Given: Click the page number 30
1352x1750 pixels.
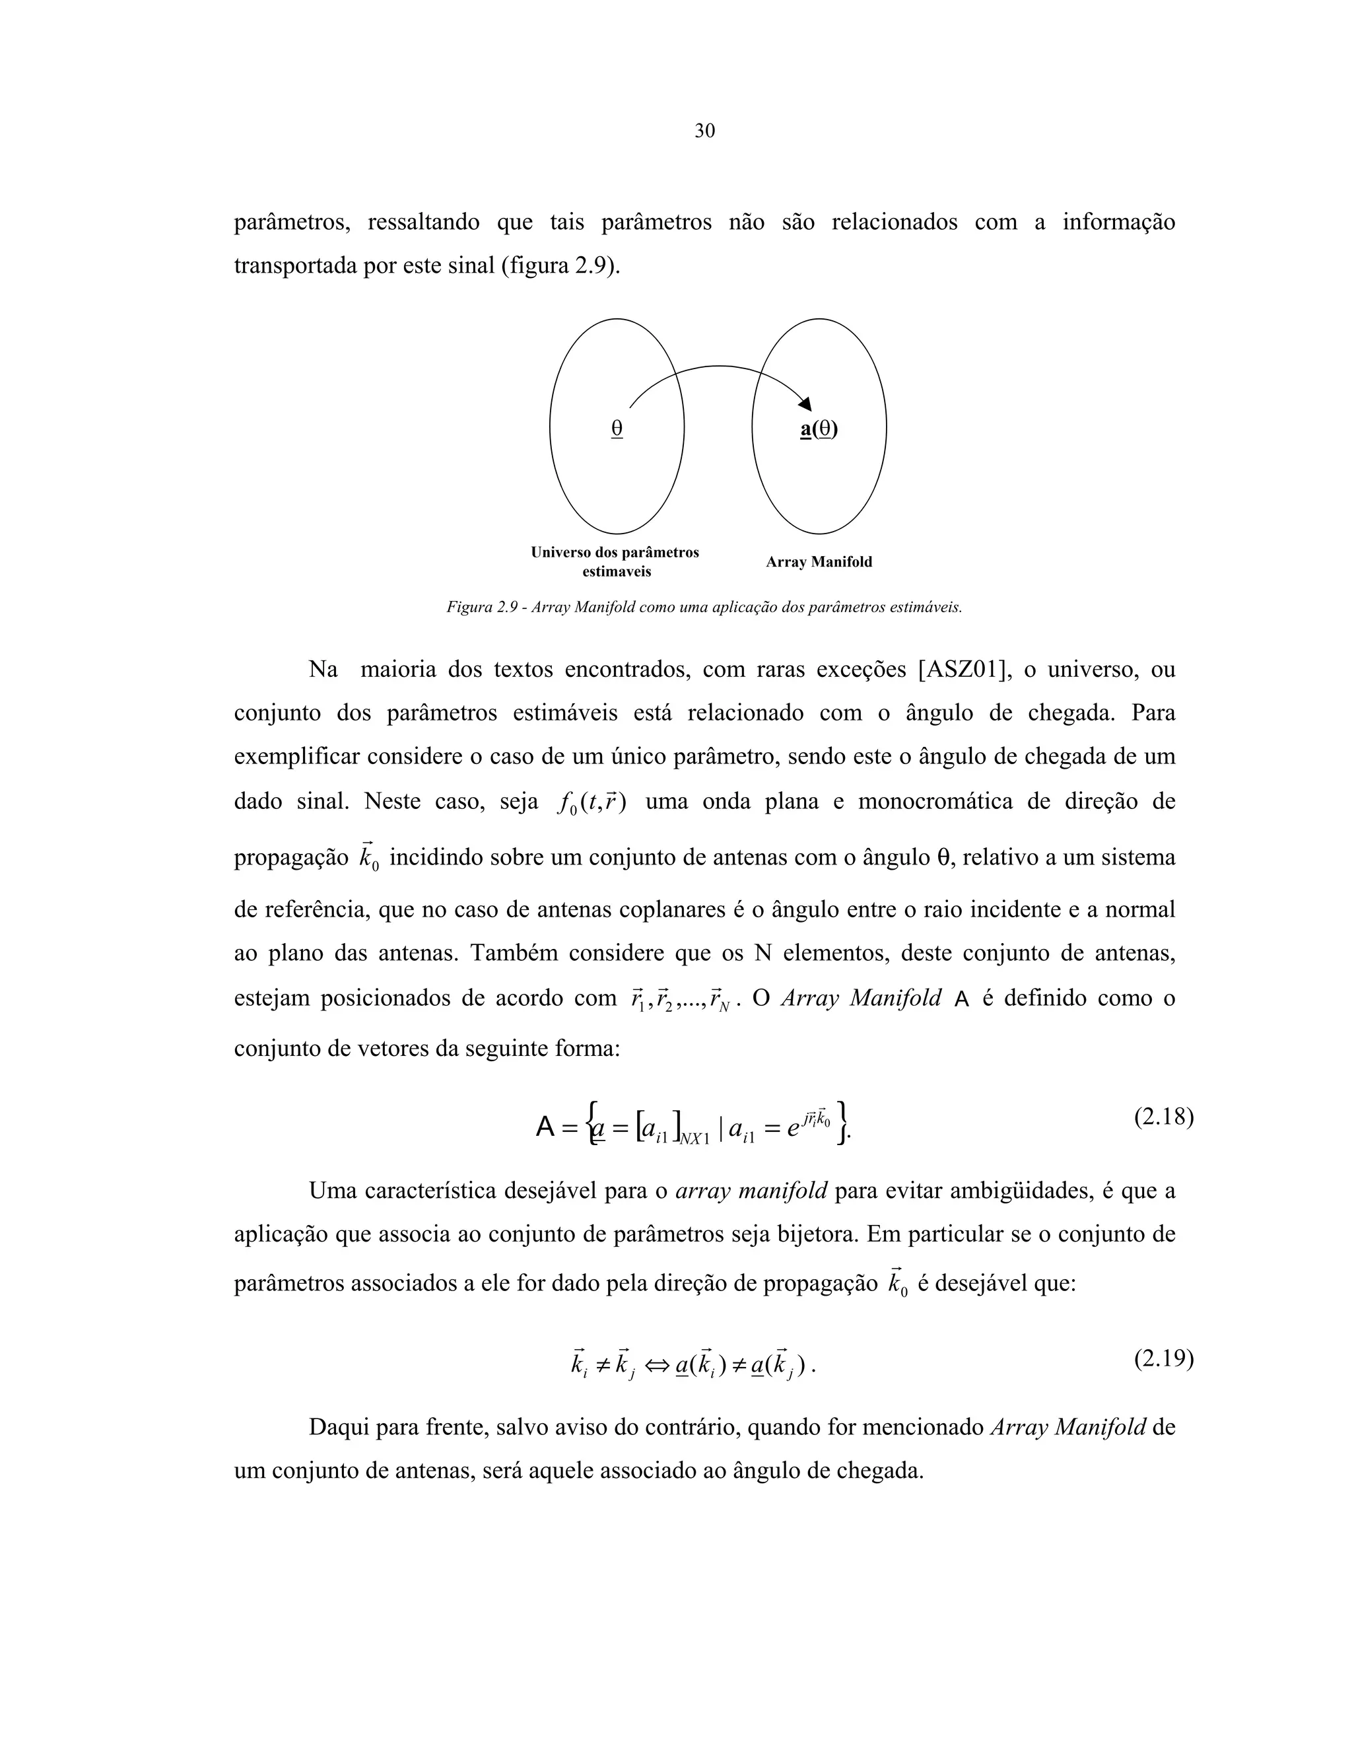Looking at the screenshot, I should (704, 131).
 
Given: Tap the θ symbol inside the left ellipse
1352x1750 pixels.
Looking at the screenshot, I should (617, 429).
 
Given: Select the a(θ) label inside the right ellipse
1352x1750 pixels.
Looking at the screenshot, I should (819, 429).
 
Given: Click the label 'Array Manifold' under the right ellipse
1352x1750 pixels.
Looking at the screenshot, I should (819, 563).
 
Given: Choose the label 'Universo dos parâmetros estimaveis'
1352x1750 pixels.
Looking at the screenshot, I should (615, 562).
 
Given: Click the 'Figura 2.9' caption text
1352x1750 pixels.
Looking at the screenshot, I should (704, 607).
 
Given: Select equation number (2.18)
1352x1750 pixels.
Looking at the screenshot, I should (1164, 1116).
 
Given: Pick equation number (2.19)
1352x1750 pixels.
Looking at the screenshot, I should (1164, 1358).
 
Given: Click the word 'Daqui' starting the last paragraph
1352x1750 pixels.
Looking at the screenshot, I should (338, 1427).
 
